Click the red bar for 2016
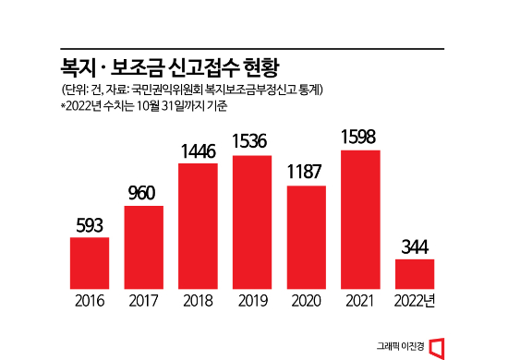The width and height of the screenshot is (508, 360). point(90,263)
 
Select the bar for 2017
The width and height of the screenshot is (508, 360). point(143,247)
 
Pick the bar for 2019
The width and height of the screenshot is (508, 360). point(252,222)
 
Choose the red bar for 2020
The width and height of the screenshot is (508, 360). point(306,237)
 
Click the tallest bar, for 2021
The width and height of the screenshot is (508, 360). point(360,220)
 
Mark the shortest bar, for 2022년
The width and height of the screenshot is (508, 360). point(415,274)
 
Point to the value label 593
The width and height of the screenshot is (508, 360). point(90,226)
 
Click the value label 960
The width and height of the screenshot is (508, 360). point(143,194)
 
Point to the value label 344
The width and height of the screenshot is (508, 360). point(415,247)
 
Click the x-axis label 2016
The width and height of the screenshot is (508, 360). point(90,300)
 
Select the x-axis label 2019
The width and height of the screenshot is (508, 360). point(252,300)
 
